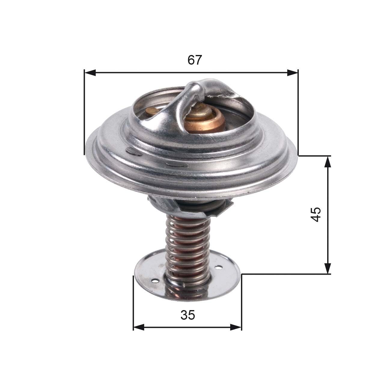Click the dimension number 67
(x=194, y=60)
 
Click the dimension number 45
(x=316, y=214)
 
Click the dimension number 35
(x=188, y=315)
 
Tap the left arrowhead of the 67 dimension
(x=90, y=72)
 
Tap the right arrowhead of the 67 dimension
(x=292, y=72)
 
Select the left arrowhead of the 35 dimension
(x=139, y=327)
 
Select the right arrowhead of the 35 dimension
(x=236, y=327)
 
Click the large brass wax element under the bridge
(x=204, y=120)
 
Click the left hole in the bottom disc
(x=155, y=281)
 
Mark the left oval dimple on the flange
(x=134, y=152)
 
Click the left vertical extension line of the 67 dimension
(x=84, y=114)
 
